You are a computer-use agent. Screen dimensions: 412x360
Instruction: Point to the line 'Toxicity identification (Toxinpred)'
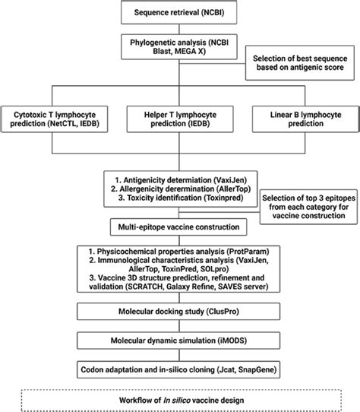point(179,200)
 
